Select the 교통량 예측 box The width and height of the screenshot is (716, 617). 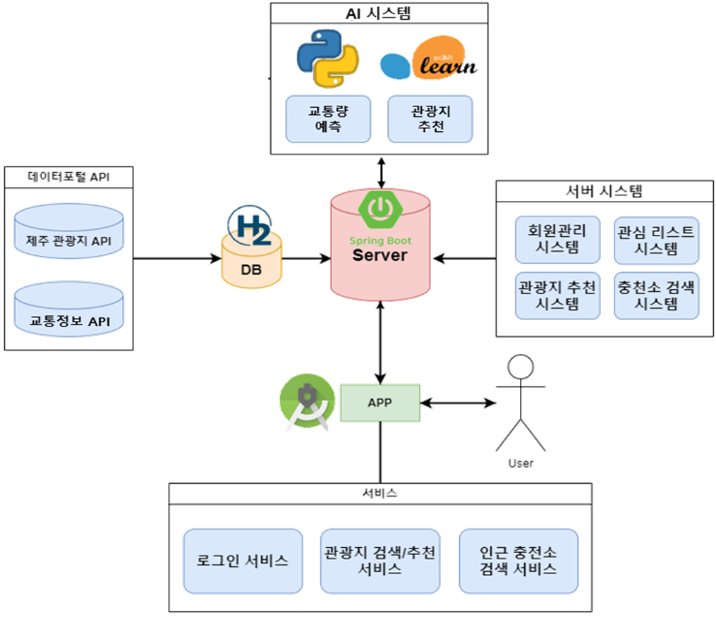point(328,118)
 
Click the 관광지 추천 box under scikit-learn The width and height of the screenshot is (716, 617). point(430,118)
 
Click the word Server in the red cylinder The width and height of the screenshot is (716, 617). point(380,255)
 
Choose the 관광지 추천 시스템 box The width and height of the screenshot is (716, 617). point(557,295)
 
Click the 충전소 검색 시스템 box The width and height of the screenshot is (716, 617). point(656,295)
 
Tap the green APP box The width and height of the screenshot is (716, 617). point(380,403)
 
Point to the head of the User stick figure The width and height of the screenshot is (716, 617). point(520,369)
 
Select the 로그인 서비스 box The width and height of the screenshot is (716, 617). point(242,561)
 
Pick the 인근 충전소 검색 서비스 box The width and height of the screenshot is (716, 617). point(518,561)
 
